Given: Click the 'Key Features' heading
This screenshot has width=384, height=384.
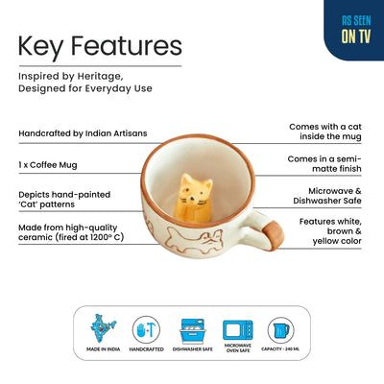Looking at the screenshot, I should click(x=100, y=46).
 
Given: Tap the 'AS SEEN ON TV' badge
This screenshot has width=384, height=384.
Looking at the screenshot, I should click(x=352, y=29).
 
